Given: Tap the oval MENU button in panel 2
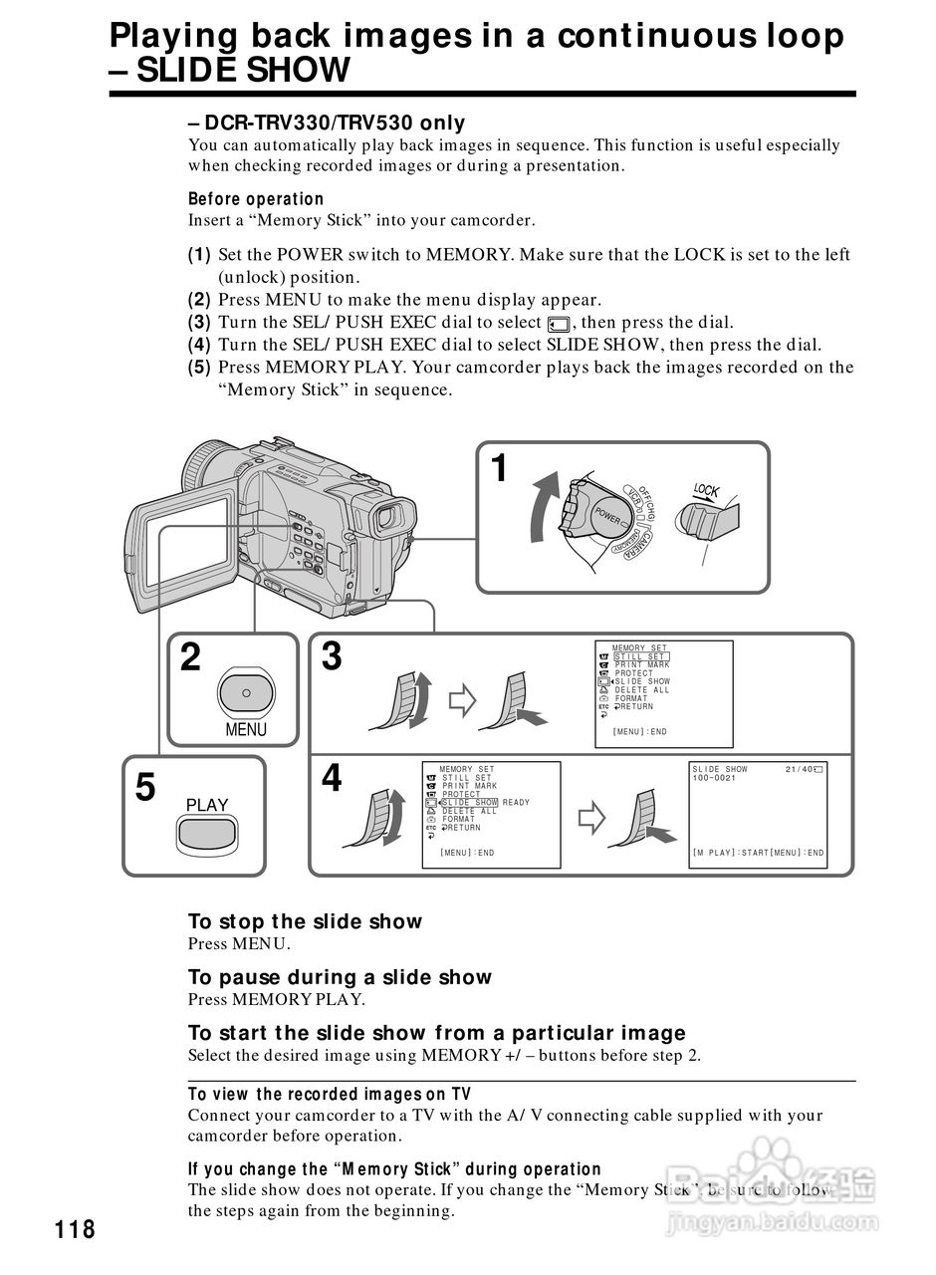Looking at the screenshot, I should point(245,690).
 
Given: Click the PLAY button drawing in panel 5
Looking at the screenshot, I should point(206,834).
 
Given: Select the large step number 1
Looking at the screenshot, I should point(500,467).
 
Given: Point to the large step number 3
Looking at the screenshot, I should point(332,656).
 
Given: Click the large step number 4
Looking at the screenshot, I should point(332,778).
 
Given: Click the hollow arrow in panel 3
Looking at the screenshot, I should point(462,700).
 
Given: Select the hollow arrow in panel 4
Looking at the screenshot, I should point(592,819).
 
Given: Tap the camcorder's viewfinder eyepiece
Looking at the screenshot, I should point(390,518).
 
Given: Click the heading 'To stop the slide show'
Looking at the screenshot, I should point(305,921).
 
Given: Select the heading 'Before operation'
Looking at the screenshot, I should point(256,199).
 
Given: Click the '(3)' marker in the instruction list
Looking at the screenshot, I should point(199,322).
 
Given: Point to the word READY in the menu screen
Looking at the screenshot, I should point(516,803).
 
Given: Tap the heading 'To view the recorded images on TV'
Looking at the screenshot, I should point(330,1095).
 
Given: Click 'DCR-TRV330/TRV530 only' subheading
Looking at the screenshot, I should point(327,123).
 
